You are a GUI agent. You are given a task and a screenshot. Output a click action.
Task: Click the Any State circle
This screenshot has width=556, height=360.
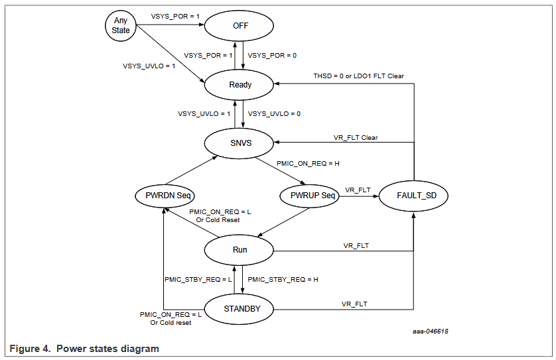[x=120, y=26]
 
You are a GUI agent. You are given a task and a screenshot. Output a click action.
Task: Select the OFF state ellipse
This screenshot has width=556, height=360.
[x=240, y=27]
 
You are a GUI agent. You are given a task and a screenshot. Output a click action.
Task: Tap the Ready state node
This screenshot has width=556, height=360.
[x=240, y=85]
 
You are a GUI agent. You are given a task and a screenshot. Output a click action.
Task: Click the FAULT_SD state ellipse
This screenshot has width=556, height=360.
[x=413, y=196]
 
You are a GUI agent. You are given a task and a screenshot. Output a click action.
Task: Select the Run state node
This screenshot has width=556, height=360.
[x=240, y=249]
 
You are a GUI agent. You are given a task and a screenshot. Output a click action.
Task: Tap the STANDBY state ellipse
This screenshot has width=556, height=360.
[x=240, y=308]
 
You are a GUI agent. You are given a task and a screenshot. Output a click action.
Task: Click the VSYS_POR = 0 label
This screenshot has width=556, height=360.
[x=272, y=56]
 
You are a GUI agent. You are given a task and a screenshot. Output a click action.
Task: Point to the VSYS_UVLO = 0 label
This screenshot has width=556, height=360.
[x=274, y=113]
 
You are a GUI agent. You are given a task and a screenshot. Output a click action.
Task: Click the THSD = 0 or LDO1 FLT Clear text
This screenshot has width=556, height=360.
[x=358, y=76]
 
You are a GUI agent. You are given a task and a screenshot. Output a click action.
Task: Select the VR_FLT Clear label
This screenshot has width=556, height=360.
[x=355, y=138]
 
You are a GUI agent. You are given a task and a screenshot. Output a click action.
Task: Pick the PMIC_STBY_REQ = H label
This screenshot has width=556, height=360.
[x=283, y=279]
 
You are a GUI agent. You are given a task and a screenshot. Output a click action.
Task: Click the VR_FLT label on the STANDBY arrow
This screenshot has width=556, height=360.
[x=355, y=304]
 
